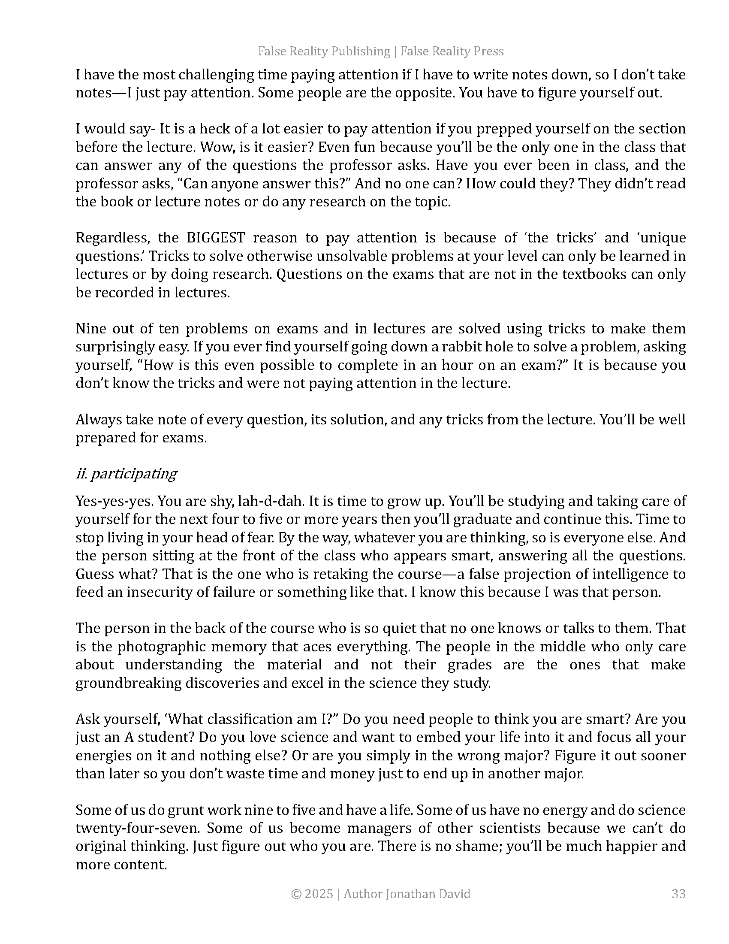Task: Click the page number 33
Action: tap(678, 893)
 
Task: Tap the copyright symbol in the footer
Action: tap(296, 893)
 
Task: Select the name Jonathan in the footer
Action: tap(408, 893)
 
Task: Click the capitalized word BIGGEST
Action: tap(216, 238)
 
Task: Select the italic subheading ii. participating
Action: tap(126, 474)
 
